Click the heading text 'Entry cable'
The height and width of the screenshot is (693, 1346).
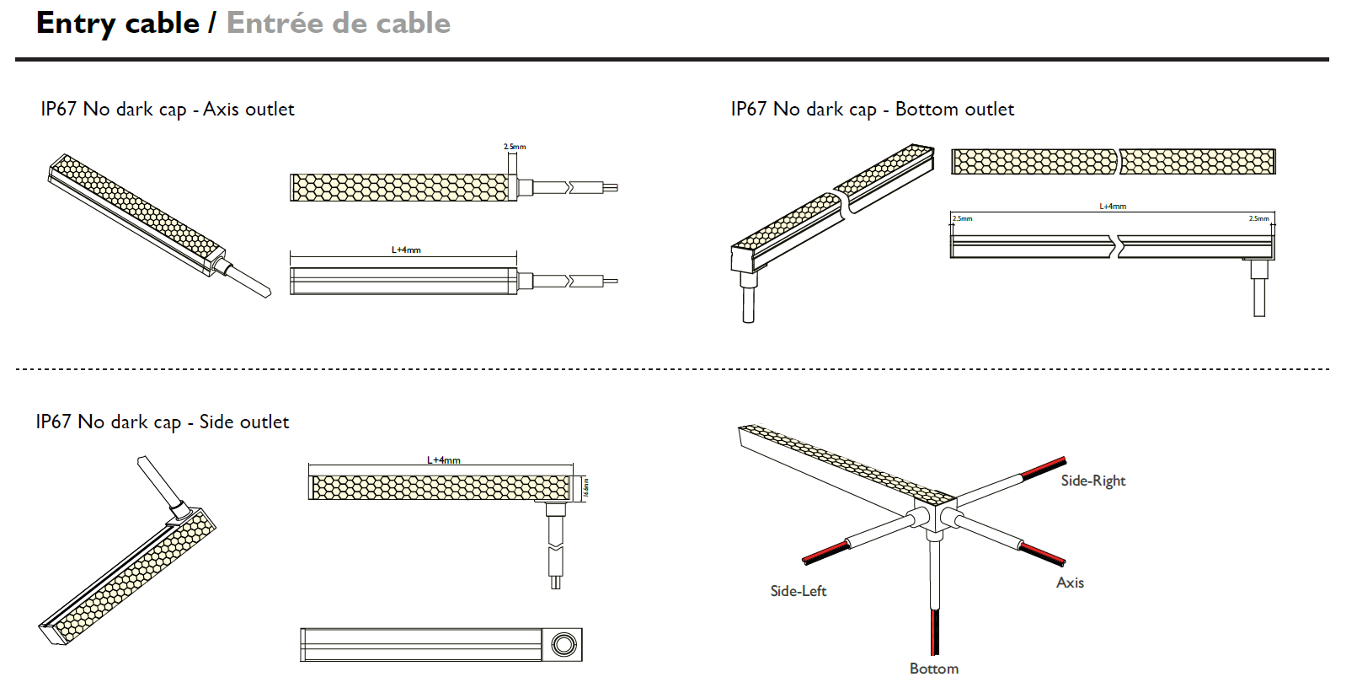[x=118, y=23]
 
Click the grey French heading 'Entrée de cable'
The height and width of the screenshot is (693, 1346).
[x=338, y=23]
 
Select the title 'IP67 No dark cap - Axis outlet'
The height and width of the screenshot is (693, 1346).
[x=168, y=109]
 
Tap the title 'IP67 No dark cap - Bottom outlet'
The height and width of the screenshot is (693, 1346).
[x=872, y=109]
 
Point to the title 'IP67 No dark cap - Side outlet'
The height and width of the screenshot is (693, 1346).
[x=163, y=422]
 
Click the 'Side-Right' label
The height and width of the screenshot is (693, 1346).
[x=1092, y=481]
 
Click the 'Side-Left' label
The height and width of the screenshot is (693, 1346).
[x=798, y=591]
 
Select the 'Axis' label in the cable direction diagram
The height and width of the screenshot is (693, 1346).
[x=1070, y=583]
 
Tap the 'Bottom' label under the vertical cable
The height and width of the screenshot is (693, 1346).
[x=933, y=669]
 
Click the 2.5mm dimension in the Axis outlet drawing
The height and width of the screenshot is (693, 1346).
[x=515, y=147]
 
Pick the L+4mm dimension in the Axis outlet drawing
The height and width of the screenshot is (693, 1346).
[x=406, y=250]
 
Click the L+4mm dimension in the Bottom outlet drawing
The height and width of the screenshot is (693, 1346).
[x=1113, y=206]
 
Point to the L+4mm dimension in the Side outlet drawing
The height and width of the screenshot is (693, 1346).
[x=443, y=459]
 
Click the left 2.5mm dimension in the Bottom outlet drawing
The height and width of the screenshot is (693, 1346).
[x=962, y=218]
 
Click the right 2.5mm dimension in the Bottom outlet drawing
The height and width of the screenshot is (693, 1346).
[x=1258, y=218]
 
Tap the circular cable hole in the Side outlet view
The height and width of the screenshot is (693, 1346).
[x=564, y=645]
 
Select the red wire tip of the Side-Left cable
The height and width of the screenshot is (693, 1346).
[x=825, y=552]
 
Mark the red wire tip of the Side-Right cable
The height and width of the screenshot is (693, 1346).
[x=1044, y=467]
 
